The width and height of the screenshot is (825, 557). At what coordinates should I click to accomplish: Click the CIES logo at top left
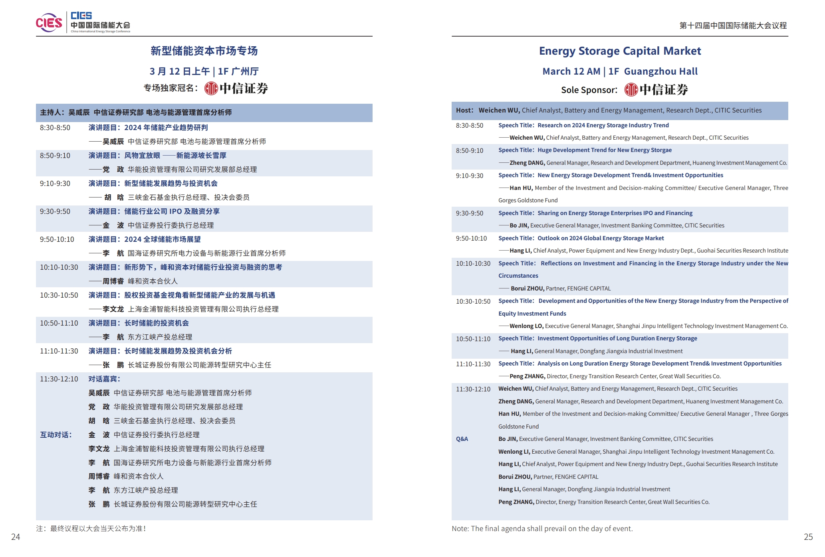49,23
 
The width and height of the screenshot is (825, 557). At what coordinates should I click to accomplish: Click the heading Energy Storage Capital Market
620,51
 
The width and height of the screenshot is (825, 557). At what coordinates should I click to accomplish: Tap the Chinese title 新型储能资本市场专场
204,51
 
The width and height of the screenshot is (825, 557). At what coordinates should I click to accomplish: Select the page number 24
16,537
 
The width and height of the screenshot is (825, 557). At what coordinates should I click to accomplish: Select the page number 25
808,537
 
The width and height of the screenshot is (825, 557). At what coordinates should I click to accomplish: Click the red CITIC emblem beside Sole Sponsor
631,90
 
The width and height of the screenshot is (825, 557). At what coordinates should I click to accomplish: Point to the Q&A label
462,439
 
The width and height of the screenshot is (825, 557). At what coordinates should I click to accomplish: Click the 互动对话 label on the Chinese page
56,435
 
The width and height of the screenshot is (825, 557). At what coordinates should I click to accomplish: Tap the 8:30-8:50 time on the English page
470,125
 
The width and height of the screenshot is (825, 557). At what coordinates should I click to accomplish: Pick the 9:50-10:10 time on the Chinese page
57,239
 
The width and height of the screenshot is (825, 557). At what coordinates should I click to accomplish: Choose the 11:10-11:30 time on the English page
473,364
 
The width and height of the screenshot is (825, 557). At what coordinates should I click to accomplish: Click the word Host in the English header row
464,111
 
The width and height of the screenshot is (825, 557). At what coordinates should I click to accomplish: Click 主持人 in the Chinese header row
52,113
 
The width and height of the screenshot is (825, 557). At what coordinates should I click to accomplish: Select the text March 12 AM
571,71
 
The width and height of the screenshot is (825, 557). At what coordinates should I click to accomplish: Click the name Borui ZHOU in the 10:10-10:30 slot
527,288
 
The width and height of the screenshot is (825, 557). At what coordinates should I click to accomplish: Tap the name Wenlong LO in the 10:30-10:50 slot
526,326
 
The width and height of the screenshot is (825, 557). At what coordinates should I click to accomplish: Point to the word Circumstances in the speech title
518,276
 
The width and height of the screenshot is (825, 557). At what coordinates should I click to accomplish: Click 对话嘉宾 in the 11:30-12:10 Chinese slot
104,379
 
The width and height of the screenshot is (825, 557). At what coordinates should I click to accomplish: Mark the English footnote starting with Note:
542,529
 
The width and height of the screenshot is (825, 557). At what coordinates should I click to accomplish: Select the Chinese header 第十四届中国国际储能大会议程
733,26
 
